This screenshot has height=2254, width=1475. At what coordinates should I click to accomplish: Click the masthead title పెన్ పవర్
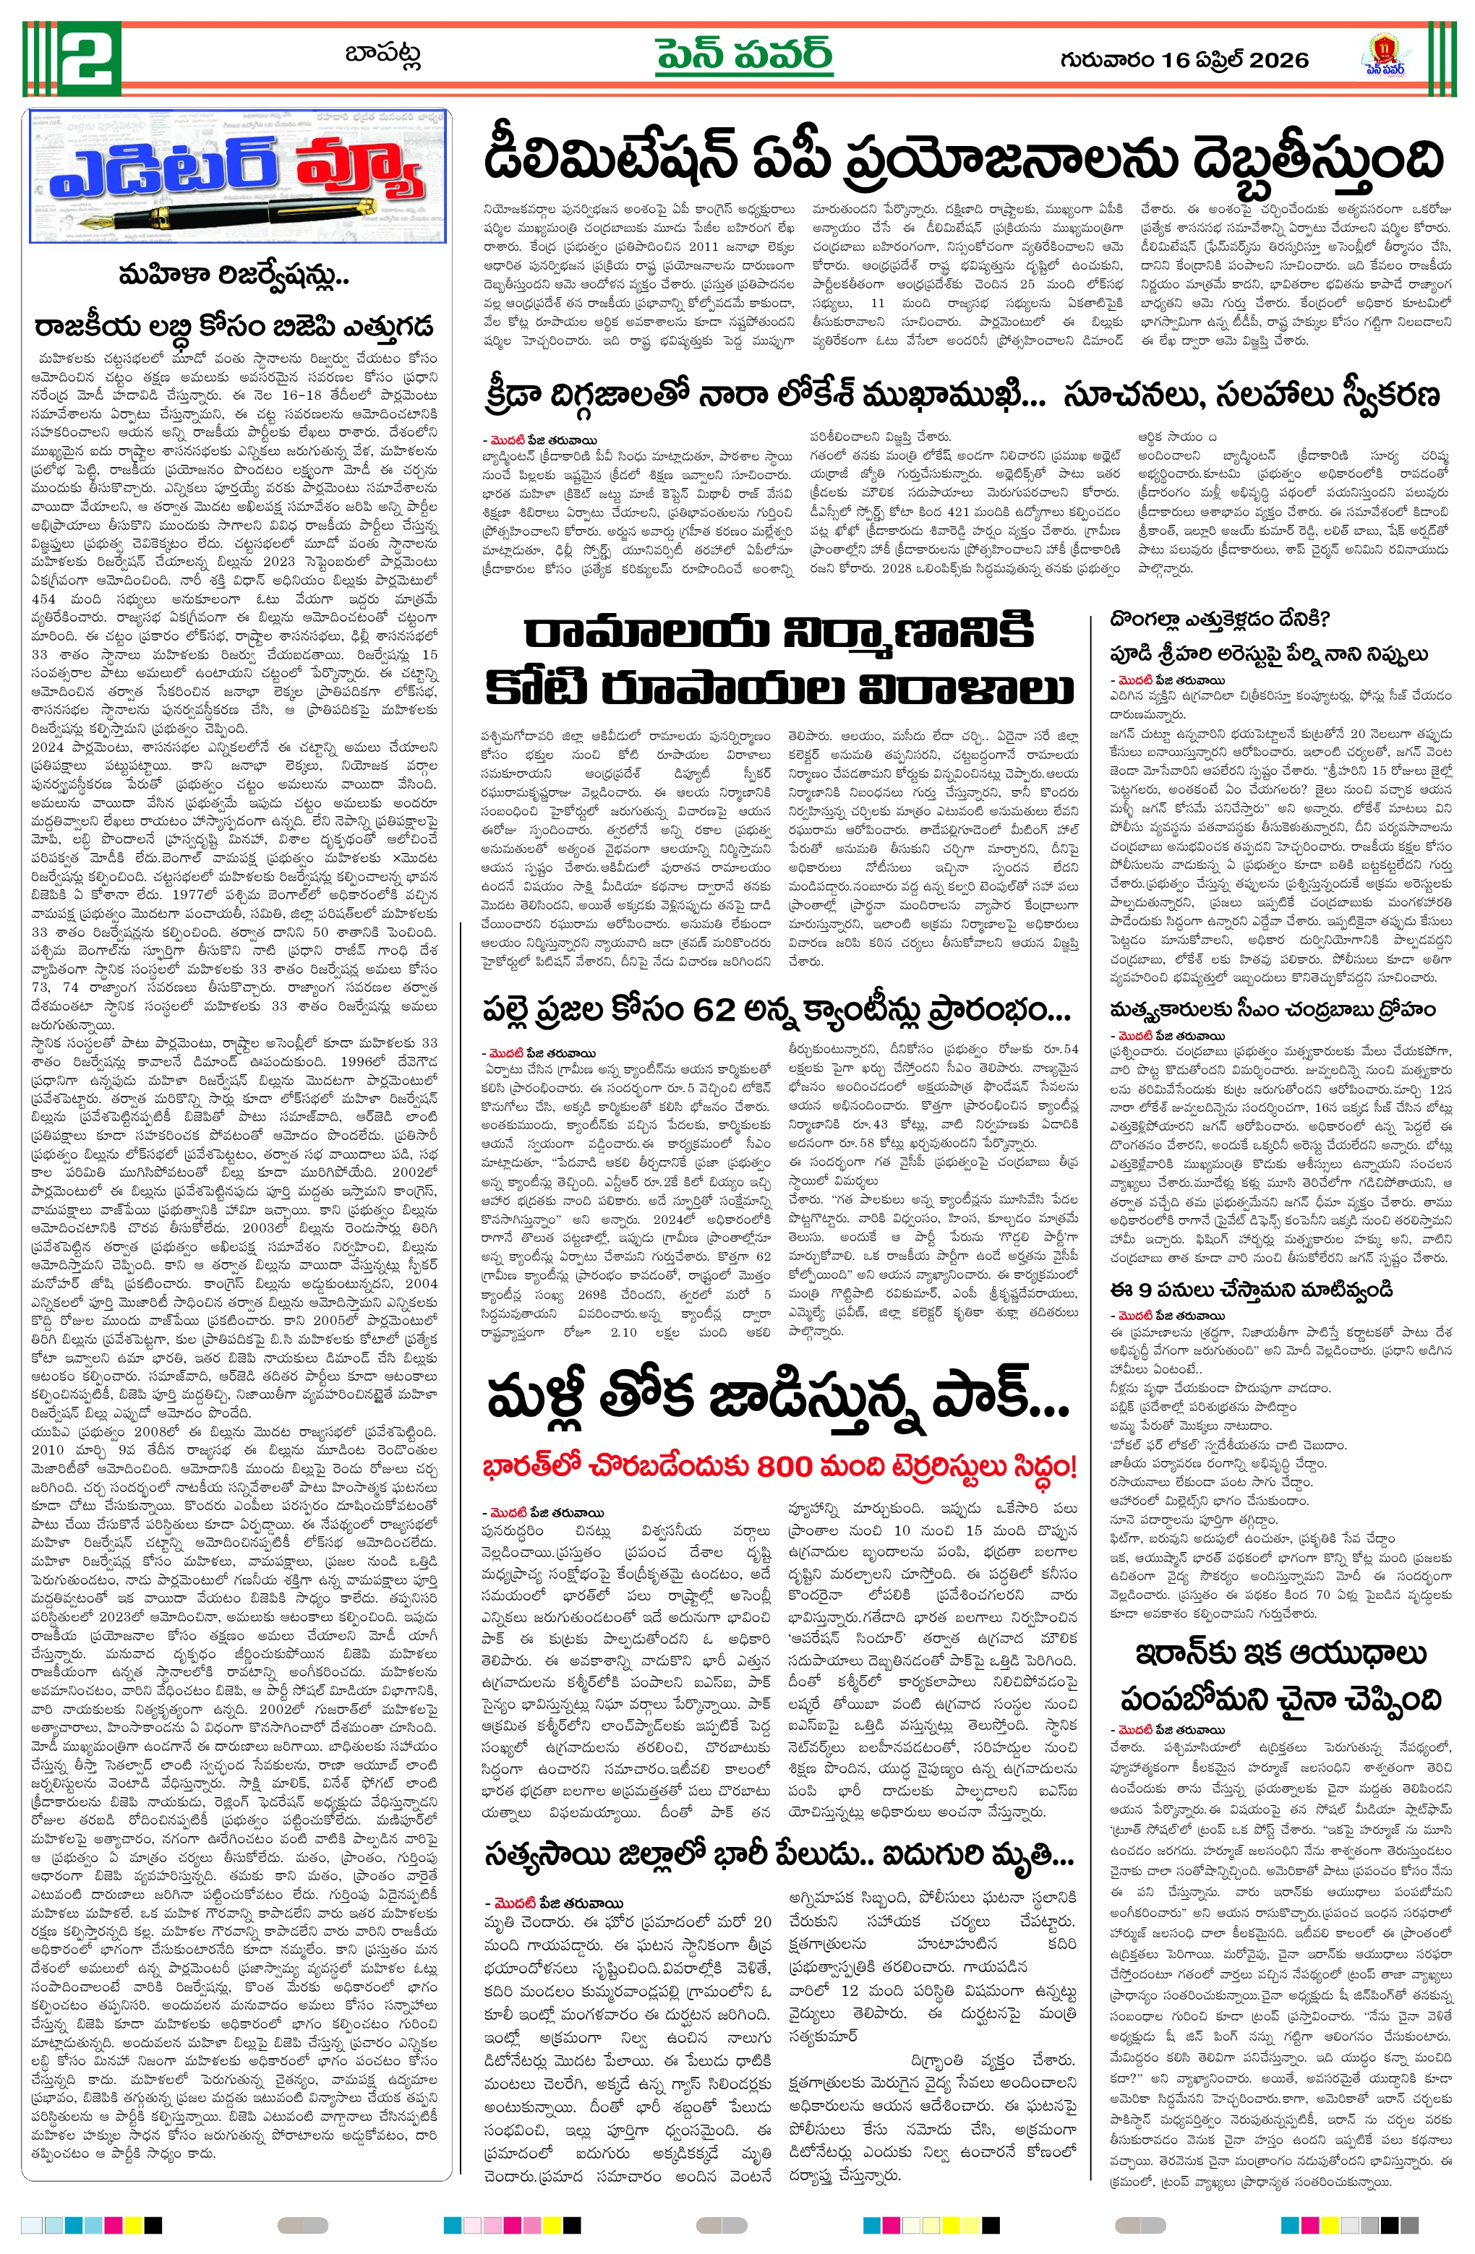pyautogui.click(x=745, y=57)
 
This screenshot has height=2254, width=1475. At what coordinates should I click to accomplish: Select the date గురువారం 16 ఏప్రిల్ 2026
pyautogui.click(x=1184, y=60)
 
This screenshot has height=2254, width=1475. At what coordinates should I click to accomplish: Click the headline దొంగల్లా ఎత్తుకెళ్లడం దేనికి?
pyautogui.click(x=1220, y=620)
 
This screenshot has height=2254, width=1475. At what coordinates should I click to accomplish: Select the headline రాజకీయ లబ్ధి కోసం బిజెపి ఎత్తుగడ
pyautogui.click(x=234, y=327)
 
